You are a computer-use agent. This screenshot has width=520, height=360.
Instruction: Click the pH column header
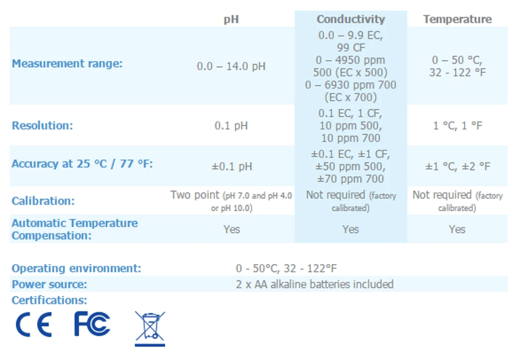coord(231,20)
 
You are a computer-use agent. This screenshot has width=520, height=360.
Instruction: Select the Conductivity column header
coord(350,19)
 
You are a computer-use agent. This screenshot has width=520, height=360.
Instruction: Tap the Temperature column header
coord(457,19)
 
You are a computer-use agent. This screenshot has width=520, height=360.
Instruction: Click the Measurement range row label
coord(67,64)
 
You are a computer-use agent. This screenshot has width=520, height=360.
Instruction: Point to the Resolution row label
coord(42,126)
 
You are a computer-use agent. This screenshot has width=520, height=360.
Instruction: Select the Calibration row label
coord(43,201)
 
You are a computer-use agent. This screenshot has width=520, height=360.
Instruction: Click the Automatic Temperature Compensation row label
coord(75,229)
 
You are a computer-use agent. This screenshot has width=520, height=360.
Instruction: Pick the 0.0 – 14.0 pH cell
coord(231,67)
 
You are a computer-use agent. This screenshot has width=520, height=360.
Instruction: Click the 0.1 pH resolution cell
coord(231,125)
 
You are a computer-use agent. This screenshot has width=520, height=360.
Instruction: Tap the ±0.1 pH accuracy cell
coord(231,167)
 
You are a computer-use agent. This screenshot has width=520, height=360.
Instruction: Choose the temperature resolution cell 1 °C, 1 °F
coord(457,125)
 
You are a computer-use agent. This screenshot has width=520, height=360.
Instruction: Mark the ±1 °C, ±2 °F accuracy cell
coord(457,167)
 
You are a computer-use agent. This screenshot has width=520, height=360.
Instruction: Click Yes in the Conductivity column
coord(350,229)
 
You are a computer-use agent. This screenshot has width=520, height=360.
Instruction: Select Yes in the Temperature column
coord(457,229)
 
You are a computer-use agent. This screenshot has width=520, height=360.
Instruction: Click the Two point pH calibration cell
coord(231,201)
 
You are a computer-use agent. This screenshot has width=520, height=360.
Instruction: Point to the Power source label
coord(49,284)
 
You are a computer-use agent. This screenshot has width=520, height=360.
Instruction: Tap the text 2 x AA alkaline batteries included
coord(314,284)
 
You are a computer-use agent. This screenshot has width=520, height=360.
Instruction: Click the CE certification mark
coord(34,325)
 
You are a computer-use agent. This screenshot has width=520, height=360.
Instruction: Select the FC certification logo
coord(92,324)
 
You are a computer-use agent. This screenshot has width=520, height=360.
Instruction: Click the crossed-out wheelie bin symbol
coord(150,328)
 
